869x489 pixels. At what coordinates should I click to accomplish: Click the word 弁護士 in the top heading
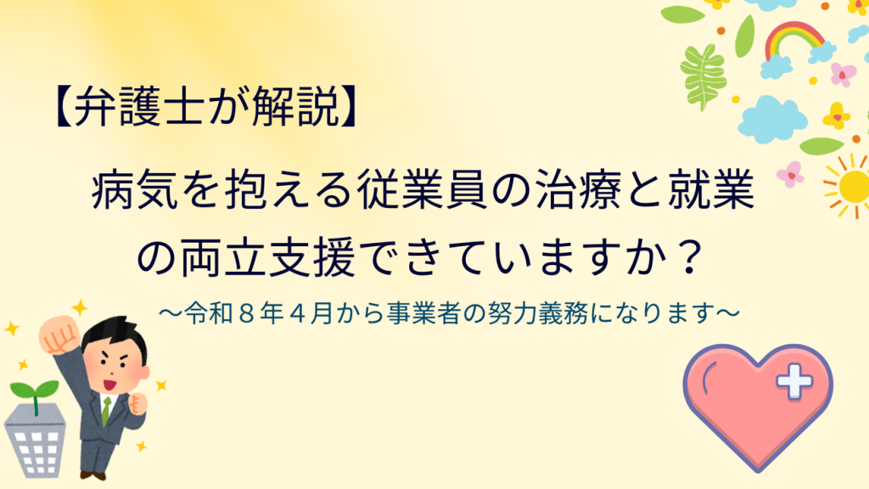pos(138,107)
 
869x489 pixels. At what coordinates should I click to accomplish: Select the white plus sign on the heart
pos(794,381)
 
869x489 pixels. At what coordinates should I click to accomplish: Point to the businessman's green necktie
pos(106,411)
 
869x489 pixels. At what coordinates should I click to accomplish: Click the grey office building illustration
pos(36,441)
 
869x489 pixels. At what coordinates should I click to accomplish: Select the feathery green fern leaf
pos(703,76)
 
